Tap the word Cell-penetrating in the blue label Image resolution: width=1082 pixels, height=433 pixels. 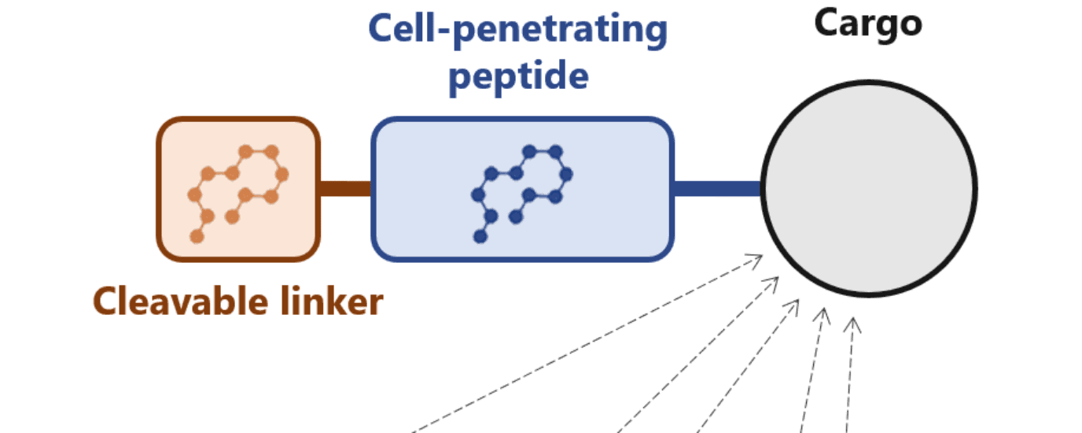pyautogui.click(x=518, y=31)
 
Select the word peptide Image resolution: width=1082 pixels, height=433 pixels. pyautogui.click(x=518, y=76)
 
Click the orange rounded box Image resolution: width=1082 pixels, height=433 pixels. pyautogui.click(x=238, y=189)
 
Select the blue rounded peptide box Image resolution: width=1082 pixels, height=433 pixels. pyautogui.click(x=522, y=189)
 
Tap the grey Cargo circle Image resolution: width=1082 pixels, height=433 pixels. pyautogui.click(x=868, y=189)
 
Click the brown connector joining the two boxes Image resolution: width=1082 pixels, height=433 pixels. pyautogui.click(x=345, y=189)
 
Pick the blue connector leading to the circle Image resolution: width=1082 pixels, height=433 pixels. pyautogui.click(x=717, y=189)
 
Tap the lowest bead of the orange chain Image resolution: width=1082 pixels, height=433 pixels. pyautogui.click(x=197, y=236)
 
